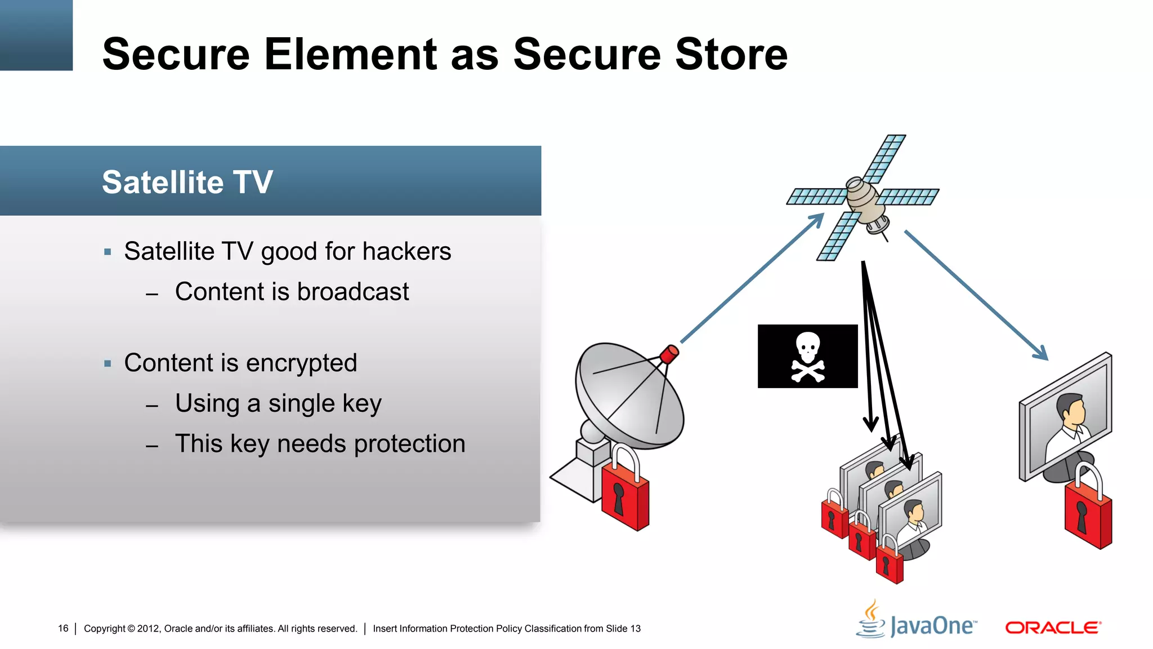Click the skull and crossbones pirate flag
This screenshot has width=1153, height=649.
(807, 356)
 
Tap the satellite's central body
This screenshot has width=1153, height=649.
(864, 199)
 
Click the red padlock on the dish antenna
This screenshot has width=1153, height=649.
(625, 490)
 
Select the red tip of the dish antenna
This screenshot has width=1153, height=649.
(669, 354)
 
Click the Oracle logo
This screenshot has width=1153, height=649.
(1053, 628)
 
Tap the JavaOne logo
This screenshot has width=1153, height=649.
(918, 622)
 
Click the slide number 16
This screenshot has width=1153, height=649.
(63, 628)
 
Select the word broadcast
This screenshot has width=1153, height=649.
(352, 292)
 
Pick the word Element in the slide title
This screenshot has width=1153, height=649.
(351, 54)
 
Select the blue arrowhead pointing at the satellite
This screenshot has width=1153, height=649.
(817, 219)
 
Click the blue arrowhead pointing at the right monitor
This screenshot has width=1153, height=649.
(1041, 354)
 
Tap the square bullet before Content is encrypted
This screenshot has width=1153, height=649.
(108, 363)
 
